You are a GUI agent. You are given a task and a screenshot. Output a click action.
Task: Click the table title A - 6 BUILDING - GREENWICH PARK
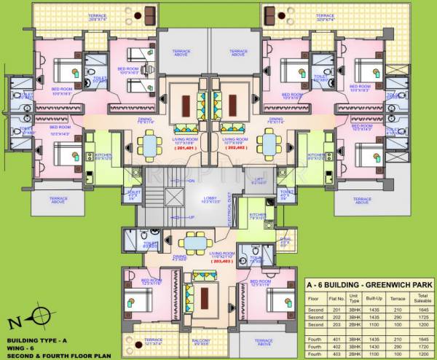coord(368,283)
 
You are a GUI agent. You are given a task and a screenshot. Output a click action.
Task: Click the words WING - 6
coord(22,348)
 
